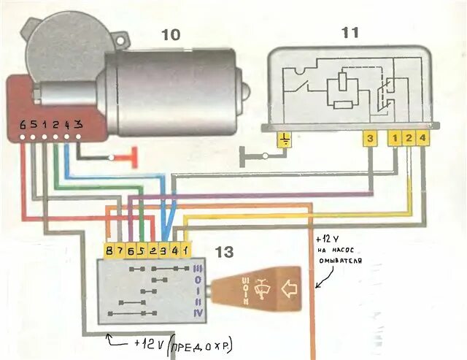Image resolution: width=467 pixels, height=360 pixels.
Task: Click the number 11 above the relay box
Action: pyautogui.click(x=350, y=32)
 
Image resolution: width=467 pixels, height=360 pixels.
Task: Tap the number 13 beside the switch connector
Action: pyautogui.click(x=225, y=253)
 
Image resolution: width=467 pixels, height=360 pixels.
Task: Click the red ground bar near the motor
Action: pyautogui.click(x=134, y=156)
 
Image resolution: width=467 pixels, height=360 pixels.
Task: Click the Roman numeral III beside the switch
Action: pyautogui.click(x=198, y=269)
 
